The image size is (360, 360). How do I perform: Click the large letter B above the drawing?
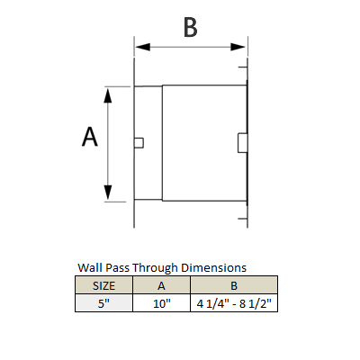pos(191,28)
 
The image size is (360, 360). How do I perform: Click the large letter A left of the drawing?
pos(90,137)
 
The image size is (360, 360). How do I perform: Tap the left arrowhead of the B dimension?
pos(143,47)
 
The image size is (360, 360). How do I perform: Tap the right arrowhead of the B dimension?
pos(238,47)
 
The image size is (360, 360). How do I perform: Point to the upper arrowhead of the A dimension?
pos(108,95)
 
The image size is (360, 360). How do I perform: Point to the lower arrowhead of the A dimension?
pos(108,193)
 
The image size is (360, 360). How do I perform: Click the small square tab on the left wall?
pos(139,143)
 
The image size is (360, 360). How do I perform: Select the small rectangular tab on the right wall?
pos(242,143)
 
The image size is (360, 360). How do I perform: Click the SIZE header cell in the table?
pos(103,285)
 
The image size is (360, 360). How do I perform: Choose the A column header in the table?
pos(161,285)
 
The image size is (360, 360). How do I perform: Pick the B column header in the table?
pos(234,285)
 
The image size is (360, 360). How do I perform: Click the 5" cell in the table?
pos(103,303)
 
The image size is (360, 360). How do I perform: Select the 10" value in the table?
pos(162,303)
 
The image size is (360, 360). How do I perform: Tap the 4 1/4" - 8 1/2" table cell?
pos(234,303)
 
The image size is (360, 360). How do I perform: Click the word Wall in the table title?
pos(89,267)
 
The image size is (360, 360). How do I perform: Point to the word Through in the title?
pos(156,268)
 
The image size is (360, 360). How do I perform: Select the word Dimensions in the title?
pos(213,267)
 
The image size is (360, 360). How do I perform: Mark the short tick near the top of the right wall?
pos(243,67)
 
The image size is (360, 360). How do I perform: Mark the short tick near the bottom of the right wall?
pos(243,219)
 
